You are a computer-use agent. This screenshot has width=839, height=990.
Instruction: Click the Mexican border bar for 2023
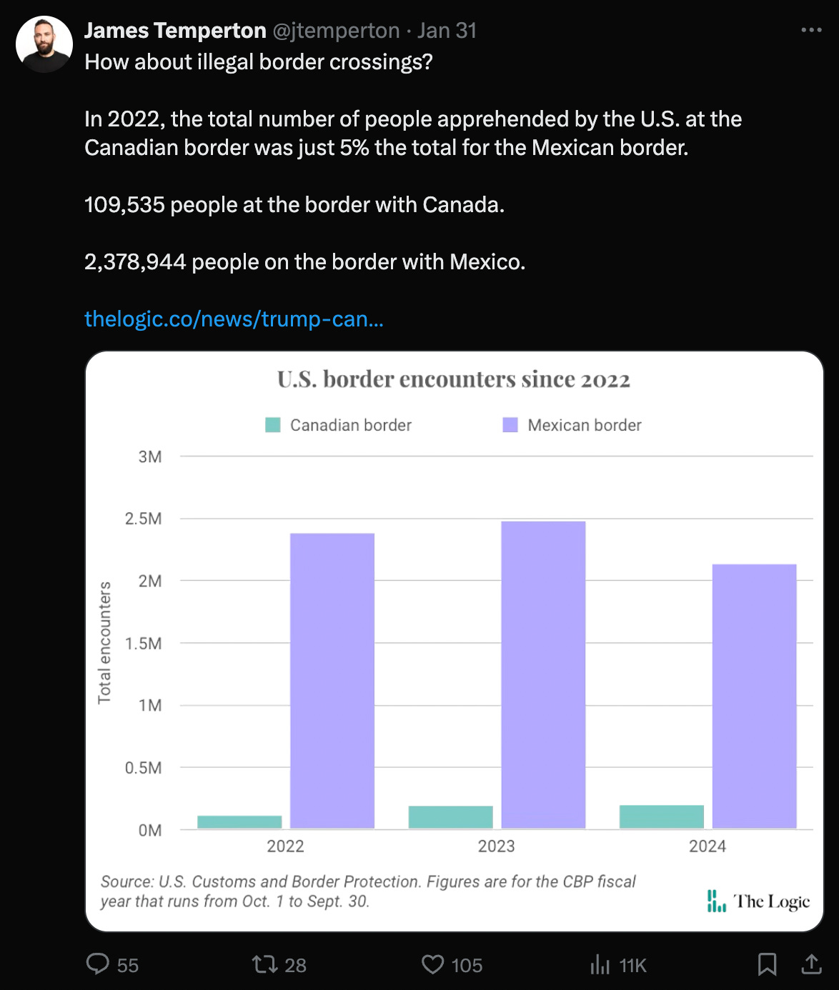pos(543,675)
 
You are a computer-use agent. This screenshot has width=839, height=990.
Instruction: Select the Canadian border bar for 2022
pos(239,822)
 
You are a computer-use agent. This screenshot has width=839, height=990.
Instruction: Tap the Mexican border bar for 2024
pos(754,696)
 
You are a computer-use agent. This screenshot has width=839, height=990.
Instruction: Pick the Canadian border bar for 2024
pos(661,816)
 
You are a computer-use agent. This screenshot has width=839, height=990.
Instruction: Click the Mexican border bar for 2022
pos(332,681)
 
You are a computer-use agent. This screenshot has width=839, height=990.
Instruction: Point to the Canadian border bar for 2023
pos(450,817)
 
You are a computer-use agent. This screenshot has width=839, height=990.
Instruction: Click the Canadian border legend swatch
pos(273,425)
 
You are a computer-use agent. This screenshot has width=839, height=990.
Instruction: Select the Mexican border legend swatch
pos(510,425)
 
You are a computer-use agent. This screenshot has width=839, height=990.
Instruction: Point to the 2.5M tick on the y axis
pos(144,519)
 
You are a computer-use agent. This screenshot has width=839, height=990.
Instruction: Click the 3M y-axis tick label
pos(150,456)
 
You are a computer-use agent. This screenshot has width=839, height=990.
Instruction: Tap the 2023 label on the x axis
pos(496,846)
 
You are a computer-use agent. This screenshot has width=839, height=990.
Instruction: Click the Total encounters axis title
pos(105,642)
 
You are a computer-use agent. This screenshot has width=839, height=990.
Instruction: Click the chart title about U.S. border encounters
pos(454,379)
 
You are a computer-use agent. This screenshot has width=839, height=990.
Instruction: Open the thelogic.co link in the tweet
pos(234,319)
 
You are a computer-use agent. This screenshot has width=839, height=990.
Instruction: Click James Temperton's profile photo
pos(44,44)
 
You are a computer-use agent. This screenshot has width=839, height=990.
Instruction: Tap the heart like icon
pos(432,965)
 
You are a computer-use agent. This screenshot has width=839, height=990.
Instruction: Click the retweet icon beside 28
pos(264,965)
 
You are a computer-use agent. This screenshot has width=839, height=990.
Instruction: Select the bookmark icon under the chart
pos(767,964)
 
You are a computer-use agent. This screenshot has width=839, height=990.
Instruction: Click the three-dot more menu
pos(811,30)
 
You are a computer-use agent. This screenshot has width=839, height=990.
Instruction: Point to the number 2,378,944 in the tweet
pos(135,262)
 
